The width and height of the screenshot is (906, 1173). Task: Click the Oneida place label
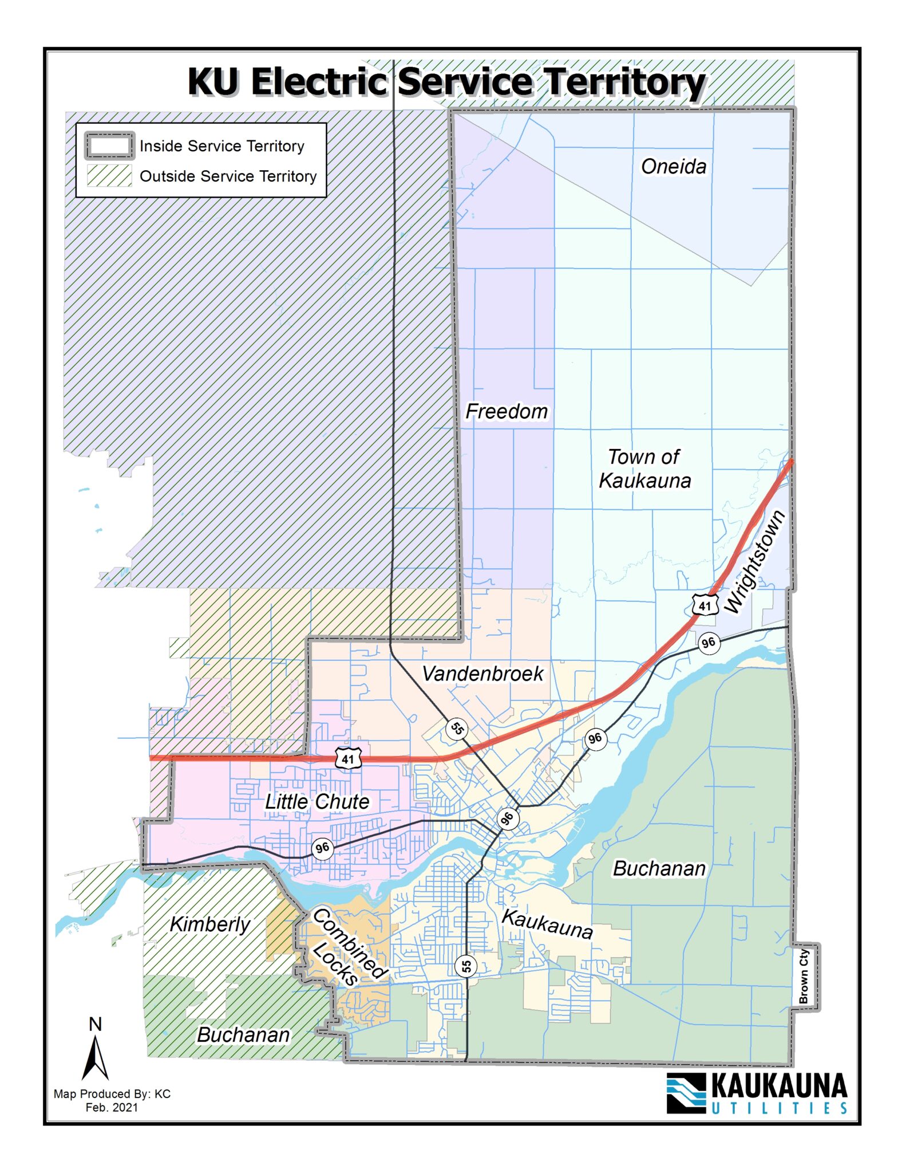click(673, 167)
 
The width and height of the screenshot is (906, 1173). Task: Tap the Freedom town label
click(506, 411)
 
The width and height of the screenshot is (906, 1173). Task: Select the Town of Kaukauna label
click(644, 469)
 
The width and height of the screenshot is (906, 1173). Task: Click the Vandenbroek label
click(482, 674)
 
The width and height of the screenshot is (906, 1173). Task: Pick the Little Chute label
click(316, 801)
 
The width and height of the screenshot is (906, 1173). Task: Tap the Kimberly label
click(209, 924)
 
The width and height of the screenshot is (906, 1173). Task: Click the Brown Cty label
click(804, 976)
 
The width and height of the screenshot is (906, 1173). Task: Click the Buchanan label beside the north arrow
click(243, 1035)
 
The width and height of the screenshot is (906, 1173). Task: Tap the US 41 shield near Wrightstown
click(705, 605)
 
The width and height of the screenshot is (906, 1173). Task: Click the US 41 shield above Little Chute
click(348, 759)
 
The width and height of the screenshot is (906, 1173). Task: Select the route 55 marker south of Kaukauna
click(466, 966)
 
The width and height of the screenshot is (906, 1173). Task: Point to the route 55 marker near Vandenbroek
click(457, 729)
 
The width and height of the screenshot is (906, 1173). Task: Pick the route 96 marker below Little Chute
click(322, 848)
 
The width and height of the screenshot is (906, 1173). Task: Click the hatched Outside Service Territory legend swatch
click(109, 176)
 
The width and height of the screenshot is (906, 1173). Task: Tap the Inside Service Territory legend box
click(109, 145)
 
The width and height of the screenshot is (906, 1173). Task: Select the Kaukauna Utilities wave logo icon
click(686, 1093)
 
